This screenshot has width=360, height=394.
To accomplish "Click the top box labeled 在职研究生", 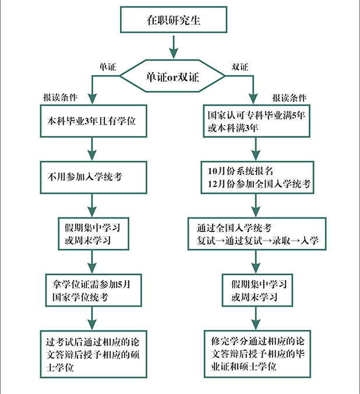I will coord(172,20).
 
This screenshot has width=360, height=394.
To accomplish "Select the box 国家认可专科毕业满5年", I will coord(256,121).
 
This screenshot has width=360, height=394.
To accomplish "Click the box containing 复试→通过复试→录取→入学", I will coord(256,233).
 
